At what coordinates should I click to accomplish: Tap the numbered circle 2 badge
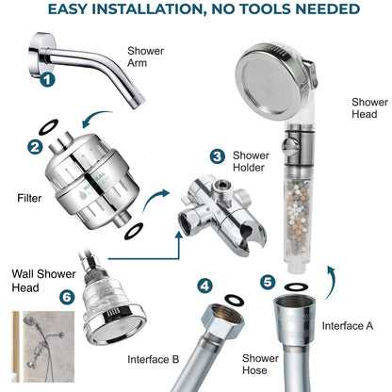pyautogui.click(x=34, y=147)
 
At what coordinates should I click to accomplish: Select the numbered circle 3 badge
pyautogui.click(x=217, y=155)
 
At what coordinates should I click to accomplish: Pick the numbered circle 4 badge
pyautogui.click(x=205, y=285)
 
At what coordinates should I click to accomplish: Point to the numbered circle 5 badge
pyautogui.click(x=268, y=281)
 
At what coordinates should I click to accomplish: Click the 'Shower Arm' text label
pyautogui.click(x=146, y=60)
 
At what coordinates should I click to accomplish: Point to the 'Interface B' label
pyautogui.click(x=153, y=359)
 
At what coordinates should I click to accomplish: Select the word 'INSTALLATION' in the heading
pyautogui.click(x=172, y=10)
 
